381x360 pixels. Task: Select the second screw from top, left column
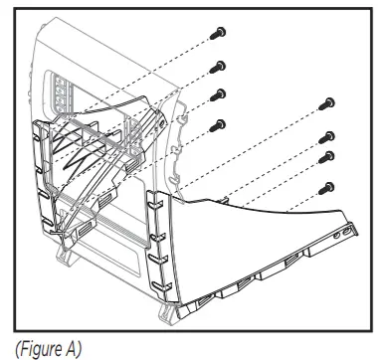pos(218,67)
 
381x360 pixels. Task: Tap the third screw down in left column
pos(219,95)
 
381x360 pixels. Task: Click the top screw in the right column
pos(324,104)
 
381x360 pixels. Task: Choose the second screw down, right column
pos(324,137)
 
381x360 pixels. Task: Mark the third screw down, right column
pos(324,157)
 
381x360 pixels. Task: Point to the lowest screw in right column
pos(324,186)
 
